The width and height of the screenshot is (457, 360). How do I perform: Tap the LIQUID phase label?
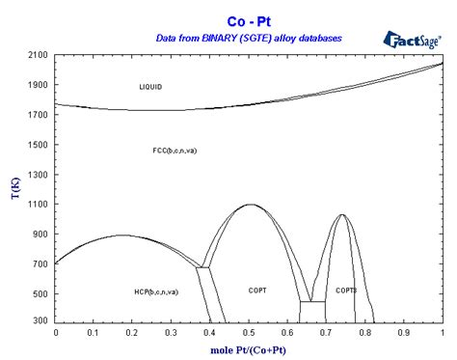click(x=150, y=87)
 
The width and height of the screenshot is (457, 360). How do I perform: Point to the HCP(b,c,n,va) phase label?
click(x=155, y=291)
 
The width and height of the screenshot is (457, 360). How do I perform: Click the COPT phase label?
click(x=257, y=291)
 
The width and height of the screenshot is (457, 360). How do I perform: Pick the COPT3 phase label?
click(x=346, y=291)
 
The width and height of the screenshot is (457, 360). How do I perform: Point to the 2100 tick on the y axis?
click(x=39, y=56)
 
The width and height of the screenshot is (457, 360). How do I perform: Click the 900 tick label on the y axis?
click(x=41, y=235)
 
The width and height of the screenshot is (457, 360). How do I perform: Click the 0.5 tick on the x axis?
click(x=249, y=332)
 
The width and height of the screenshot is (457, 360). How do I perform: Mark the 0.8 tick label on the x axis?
click(x=364, y=332)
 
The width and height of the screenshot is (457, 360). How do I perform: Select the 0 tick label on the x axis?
click(x=56, y=332)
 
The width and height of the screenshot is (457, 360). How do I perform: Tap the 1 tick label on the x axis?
click(x=442, y=332)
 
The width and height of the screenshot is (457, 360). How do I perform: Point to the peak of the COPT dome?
click(x=250, y=205)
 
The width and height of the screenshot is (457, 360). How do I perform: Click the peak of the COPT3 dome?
click(x=342, y=215)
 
